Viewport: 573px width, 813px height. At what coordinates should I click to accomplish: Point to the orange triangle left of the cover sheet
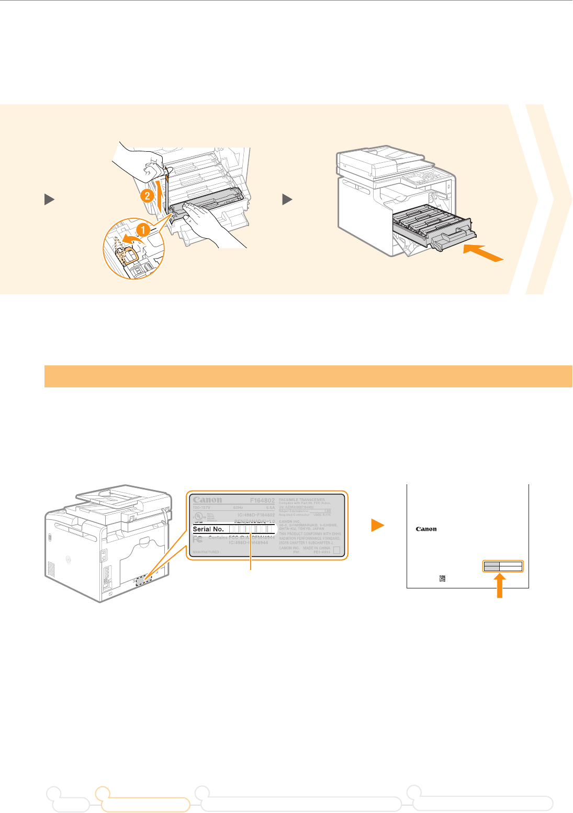point(377,526)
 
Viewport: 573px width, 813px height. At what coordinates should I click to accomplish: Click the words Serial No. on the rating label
point(209,529)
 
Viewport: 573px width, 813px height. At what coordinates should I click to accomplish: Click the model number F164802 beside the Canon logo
point(262,500)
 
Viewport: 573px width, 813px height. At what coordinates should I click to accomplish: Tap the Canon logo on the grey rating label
point(207,500)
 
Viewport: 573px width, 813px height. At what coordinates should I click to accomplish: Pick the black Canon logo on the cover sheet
point(426,529)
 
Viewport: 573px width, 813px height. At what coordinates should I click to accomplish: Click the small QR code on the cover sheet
point(442,578)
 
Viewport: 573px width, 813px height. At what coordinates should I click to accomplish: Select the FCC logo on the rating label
point(198,539)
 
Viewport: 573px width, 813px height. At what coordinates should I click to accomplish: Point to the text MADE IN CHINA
point(317,548)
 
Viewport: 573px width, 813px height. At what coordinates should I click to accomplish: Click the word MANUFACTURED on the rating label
point(205,552)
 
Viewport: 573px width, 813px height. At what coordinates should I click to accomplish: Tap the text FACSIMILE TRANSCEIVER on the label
point(302,499)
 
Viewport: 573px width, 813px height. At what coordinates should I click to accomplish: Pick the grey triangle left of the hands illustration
point(48,199)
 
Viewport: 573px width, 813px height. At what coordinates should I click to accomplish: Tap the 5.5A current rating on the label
point(270,507)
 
